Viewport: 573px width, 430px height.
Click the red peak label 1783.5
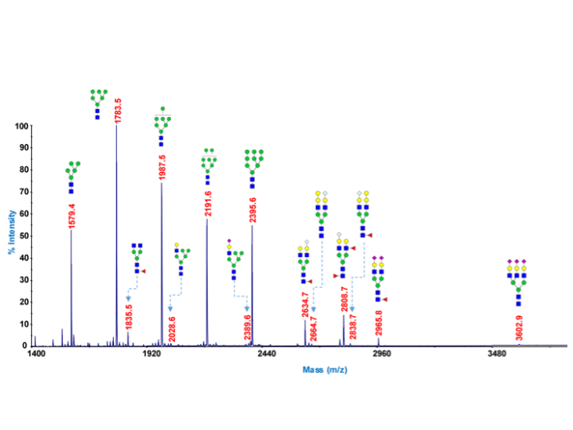(119, 111)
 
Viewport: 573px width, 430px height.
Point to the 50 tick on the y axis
(25, 237)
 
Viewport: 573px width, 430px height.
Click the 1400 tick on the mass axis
(36, 355)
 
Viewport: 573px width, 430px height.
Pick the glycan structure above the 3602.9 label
(518, 282)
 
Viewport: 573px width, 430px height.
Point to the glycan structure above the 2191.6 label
(208, 167)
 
